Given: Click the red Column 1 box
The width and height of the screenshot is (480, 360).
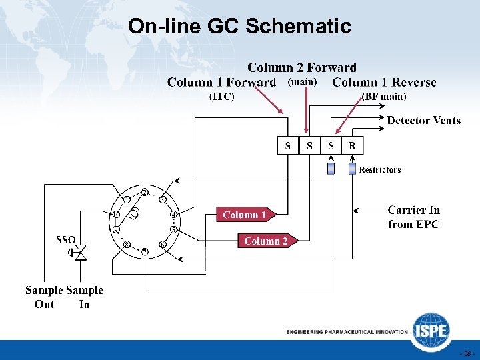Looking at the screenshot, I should [244, 215].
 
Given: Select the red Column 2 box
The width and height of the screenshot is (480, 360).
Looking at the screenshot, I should [265, 241].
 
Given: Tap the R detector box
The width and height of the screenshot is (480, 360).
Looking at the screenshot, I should [352, 145].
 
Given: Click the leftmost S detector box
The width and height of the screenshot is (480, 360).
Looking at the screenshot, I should [288, 145].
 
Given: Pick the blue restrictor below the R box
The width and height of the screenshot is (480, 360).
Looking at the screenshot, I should [352, 169].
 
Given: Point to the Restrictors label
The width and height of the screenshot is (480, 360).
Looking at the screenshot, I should [380, 170].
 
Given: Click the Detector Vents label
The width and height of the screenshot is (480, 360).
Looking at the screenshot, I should [423, 121].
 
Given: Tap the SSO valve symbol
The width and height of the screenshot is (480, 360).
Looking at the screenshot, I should [81, 253].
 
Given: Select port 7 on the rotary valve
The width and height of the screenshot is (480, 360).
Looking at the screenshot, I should [145, 251].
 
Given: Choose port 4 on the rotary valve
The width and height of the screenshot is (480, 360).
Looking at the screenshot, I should [173, 215].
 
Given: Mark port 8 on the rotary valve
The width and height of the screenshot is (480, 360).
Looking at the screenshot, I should [127, 245].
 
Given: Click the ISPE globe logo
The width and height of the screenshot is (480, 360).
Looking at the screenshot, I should [430, 331].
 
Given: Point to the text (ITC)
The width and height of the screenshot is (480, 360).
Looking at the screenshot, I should [222, 97].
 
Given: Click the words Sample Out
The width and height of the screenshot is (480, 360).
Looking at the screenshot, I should [44, 297].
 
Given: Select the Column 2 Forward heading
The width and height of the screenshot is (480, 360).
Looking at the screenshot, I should [302, 67].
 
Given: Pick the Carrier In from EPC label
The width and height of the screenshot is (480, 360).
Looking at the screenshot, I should [413, 217].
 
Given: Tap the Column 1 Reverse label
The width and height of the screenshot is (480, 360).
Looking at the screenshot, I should [384, 83].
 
